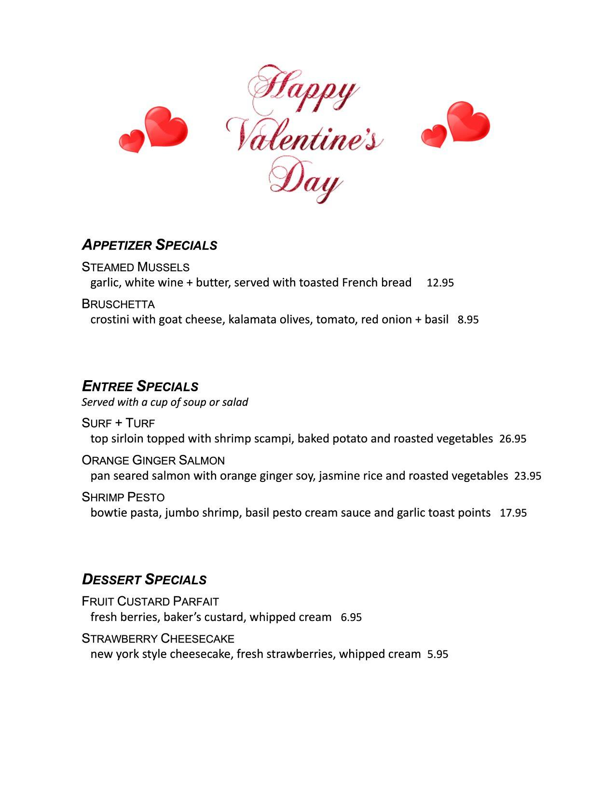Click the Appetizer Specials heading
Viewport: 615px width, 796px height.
coord(150,245)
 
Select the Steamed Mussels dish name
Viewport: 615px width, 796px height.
coord(136,267)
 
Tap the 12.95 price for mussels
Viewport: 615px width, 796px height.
coord(440,283)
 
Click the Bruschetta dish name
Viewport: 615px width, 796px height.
coord(118,304)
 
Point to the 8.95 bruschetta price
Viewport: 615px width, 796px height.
coord(468,320)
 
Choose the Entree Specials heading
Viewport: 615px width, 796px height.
coord(140,386)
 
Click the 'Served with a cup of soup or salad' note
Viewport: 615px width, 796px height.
coord(164,402)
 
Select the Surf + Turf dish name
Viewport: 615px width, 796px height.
coord(118,423)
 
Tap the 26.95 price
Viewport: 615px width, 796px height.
coord(513,439)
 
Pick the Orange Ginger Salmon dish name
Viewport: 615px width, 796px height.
coord(153,460)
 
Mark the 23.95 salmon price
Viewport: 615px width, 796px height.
coord(528,476)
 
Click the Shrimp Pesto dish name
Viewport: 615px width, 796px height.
coord(123,497)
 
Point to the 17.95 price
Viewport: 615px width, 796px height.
coord(513,513)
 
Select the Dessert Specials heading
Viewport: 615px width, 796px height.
coord(144,579)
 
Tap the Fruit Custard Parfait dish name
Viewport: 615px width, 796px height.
coord(150,601)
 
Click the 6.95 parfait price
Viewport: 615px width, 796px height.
coord(351,618)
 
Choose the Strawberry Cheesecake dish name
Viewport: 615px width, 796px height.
coord(158,638)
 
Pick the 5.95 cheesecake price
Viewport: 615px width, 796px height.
coord(437,655)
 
